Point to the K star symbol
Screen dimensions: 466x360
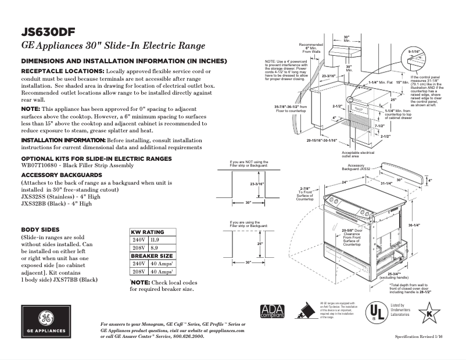tap(429, 314)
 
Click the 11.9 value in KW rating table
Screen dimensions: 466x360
tap(155, 239)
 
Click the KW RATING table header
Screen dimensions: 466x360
tap(148, 232)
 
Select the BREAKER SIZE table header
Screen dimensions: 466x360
tap(152, 255)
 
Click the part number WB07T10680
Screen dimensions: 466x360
tap(39, 165)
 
